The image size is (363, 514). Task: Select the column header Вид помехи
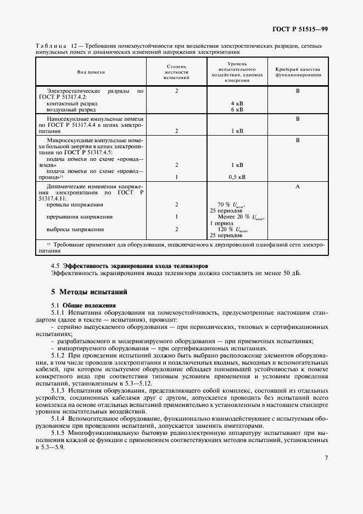[91, 72]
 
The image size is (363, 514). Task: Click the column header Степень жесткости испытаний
[176, 72]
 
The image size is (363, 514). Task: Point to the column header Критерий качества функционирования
[297, 72]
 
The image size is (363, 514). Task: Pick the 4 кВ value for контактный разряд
[237, 103]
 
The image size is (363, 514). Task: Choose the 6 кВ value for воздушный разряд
[237, 109]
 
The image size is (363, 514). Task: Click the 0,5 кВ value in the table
[237, 177]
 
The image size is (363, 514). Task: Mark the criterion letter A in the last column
[297, 187]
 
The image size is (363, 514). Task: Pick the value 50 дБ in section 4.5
[291, 273]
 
